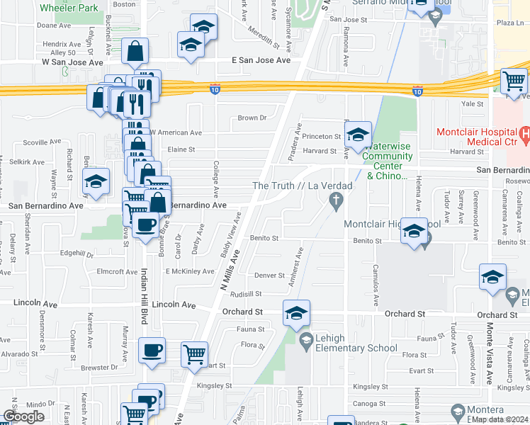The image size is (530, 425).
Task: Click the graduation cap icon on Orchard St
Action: tap(296, 313)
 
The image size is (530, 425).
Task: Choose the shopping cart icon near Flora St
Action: tap(193, 354)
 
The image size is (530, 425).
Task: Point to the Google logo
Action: tap(23, 416)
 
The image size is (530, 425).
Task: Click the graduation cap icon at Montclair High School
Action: tap(415, 232)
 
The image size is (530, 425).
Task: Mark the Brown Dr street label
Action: tap(252, 118)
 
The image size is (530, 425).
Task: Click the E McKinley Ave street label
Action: tap(190, 271)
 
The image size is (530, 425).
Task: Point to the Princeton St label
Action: tap(322, 136)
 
